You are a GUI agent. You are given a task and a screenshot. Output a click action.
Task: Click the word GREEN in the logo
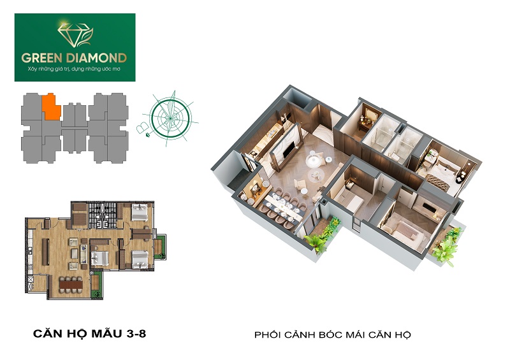[x=42, y=58]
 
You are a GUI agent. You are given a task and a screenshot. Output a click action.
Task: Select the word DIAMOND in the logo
[x=96, y=58]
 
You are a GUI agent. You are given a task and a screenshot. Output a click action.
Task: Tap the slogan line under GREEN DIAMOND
[x=74, y=69]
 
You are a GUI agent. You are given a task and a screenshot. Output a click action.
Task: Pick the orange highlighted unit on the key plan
[x=51, y=107]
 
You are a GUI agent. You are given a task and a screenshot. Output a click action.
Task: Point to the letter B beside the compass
[x=142, y=128]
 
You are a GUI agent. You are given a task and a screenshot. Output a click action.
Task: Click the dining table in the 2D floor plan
[x=71, y=284]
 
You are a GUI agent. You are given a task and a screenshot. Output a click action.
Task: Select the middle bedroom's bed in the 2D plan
[x=99, y=259]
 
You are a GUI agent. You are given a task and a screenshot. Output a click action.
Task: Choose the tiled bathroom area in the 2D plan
[x=103, y=215]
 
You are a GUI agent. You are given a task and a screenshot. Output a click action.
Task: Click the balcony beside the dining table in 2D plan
[x=96, y=285]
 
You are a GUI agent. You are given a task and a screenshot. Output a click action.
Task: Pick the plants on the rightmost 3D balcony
[x=448, y=245]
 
